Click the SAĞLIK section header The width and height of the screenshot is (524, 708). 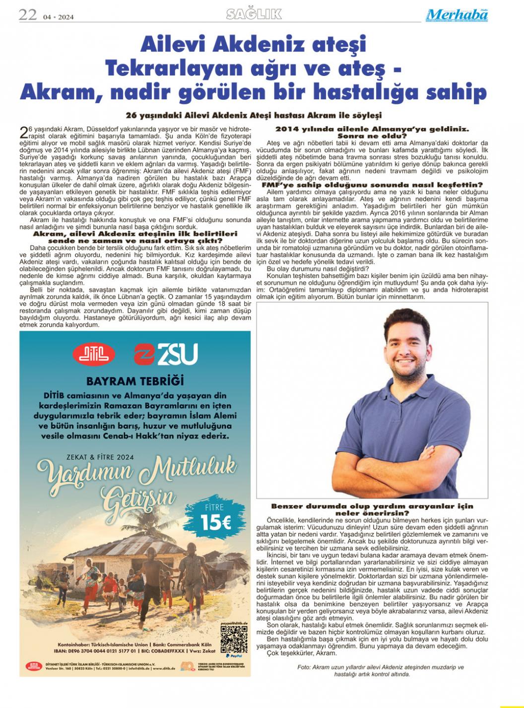coord(254,14)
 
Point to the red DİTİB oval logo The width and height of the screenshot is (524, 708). coord(94,354)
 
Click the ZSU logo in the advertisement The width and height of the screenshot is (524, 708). coord(166,354)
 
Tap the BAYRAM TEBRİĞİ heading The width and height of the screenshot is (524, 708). coord(135,381)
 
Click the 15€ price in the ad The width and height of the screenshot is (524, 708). coord(216,522)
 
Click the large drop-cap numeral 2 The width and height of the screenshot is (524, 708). coord(24,133)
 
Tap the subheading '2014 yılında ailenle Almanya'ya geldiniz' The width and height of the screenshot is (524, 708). coord(372,129)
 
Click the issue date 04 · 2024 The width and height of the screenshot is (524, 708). coord(58,17)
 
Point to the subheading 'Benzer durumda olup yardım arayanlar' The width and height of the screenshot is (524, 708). coord(372,506)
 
